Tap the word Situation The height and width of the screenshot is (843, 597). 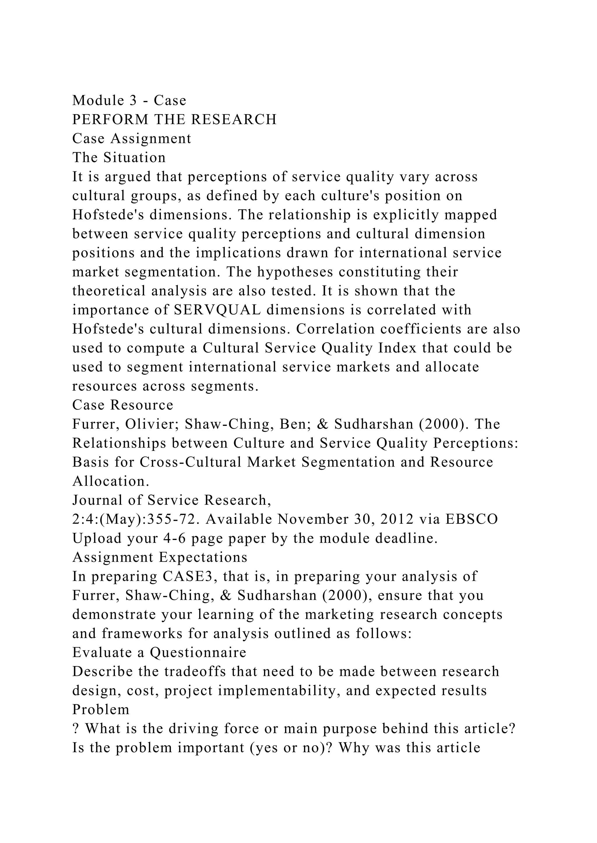coord(135,157)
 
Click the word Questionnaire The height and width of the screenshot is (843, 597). coord(198,652)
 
